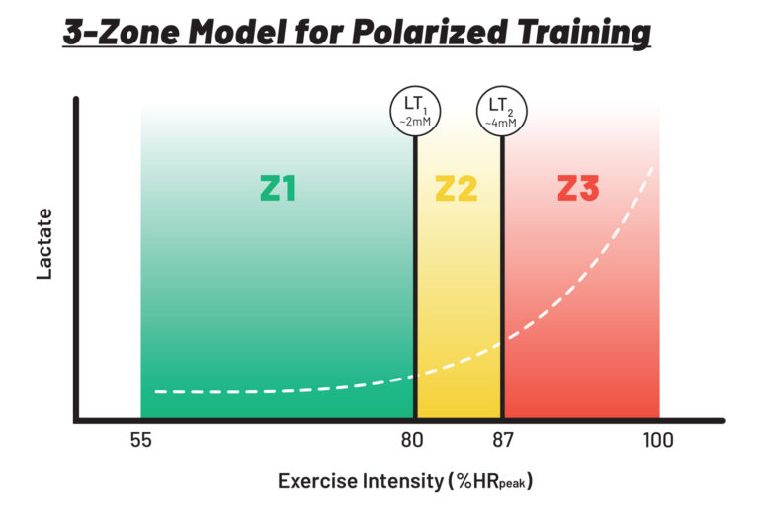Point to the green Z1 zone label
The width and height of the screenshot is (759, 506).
(278, 188)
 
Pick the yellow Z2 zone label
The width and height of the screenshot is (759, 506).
(457, 188)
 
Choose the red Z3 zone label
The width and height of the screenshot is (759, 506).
(578, 188)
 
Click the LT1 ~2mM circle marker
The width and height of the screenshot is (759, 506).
(415, 111)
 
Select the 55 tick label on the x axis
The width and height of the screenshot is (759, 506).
(141, 440)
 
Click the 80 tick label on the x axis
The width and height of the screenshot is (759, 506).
(413, 440)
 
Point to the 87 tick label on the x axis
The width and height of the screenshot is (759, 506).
(503, 440)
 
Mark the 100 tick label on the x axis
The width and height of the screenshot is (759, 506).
(656, 440)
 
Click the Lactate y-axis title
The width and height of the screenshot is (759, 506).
(44, 245)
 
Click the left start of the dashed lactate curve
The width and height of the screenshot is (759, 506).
(156, 391)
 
